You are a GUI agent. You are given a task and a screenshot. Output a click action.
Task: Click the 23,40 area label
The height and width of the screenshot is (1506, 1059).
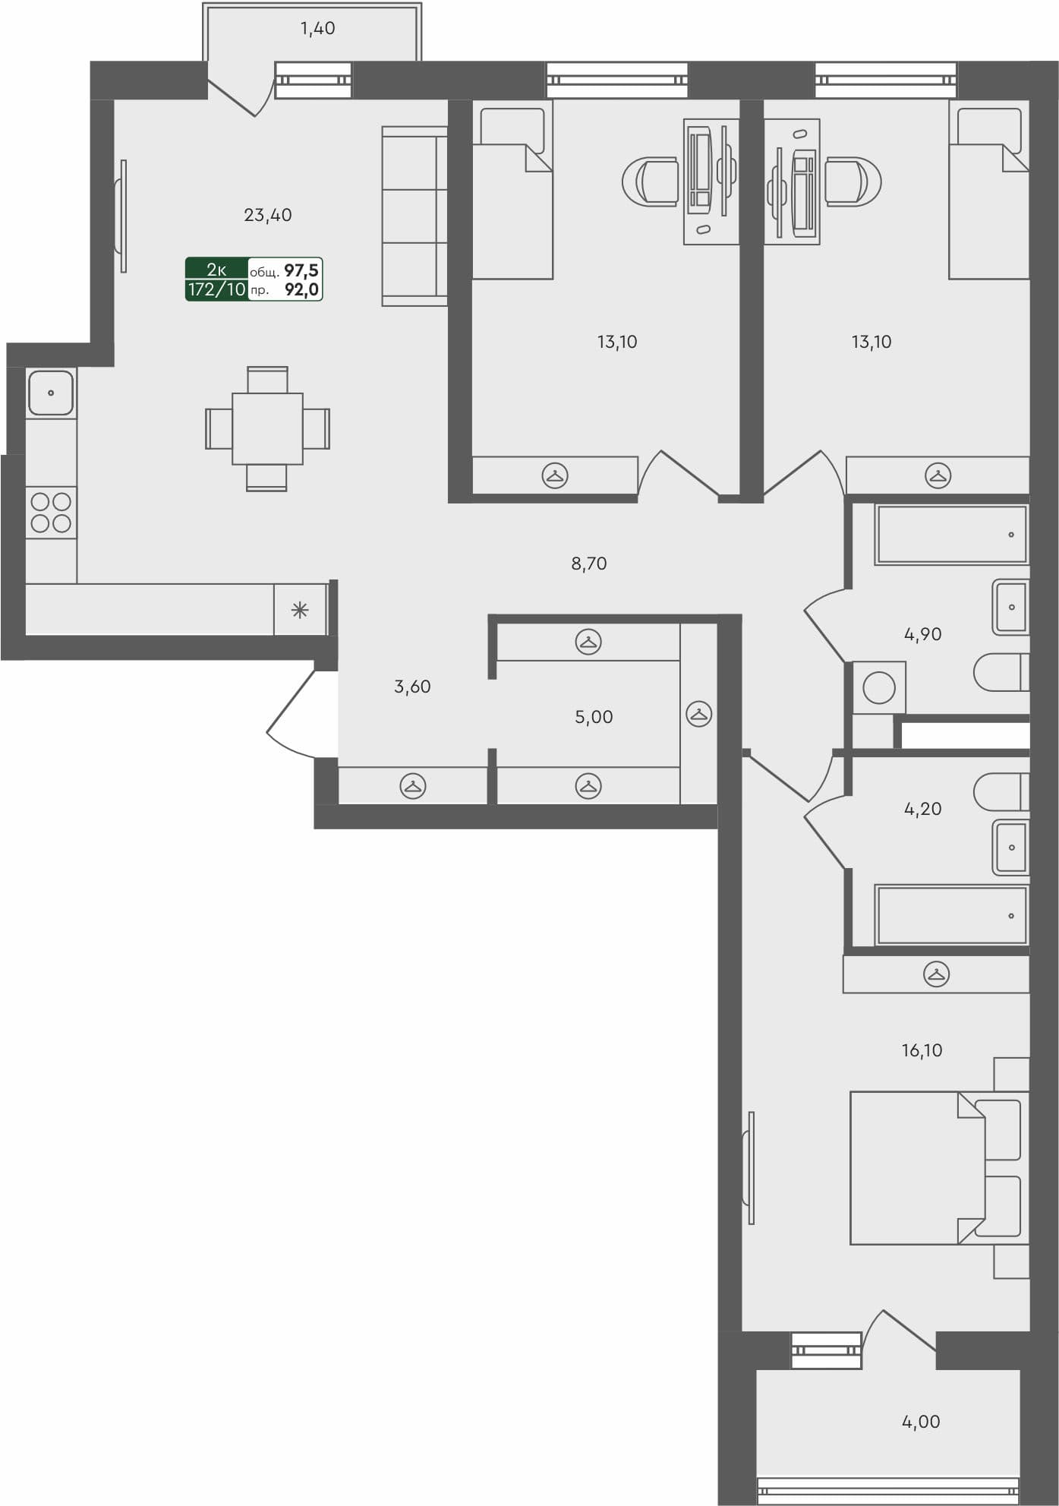pyautogui.click(x=267, y=216)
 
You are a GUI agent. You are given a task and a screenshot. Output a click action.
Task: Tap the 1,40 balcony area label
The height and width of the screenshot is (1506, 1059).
pyautogui.click(x=317, y=29)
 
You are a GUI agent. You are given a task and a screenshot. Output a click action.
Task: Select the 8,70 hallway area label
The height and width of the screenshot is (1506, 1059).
pyautogui.click(x=589, y=564)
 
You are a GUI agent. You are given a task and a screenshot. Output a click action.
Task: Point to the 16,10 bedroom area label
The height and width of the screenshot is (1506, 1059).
pyautogui.click(x=922, y=1050)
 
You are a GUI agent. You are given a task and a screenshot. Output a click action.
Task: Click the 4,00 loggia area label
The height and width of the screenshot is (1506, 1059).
pyautogui.click(x=921, y=1422)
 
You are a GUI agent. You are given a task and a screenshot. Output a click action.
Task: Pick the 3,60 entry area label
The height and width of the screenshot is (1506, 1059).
pyautogui.click(x=412, y=687)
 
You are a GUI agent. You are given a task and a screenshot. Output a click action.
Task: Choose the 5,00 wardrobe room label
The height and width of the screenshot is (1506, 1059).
pyautogui.click(x=594, y=717)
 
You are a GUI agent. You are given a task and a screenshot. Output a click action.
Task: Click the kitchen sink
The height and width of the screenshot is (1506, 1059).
pyautogui.click(x=51, y=393)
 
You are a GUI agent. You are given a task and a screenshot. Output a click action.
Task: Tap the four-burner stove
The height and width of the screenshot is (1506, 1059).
pyautogui.click(x=51, y=512)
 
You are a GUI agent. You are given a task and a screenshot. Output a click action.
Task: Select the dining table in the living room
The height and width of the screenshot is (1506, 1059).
pyautogui.click(x=267, y=428)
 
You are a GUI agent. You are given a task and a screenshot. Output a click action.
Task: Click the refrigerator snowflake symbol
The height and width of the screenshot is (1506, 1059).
pyautogui.click(x=300, y=609)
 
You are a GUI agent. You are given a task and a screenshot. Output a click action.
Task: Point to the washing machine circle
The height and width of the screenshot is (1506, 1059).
pyautogui.click(x=879, y=688)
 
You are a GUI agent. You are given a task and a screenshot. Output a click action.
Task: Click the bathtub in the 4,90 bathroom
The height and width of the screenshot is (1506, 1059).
pyautogui.click(x=951, y=535)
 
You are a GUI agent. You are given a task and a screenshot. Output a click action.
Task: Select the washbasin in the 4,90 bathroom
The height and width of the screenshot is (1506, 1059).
pyautogui.click(x=1010, y=607)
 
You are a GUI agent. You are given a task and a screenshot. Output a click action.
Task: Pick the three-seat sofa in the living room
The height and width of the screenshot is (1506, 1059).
pyautogui.click(x=414, y=216)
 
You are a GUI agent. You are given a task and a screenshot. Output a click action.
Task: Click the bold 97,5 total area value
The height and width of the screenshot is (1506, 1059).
pyautogui.click(x=301, y=270)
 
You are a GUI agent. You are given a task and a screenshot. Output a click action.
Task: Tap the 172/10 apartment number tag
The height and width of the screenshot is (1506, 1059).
pyautogui.click(x=217, y=289)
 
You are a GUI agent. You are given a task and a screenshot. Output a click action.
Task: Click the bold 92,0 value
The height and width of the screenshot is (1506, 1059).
pyautogui.click(x=301, y=289)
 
